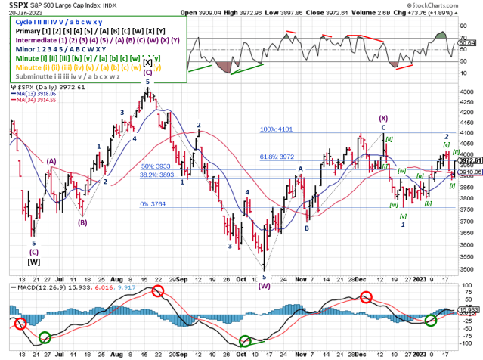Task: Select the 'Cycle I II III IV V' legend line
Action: [x=47, y=23]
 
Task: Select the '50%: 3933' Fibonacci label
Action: [x=158, y=166]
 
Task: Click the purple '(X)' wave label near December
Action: [x=384, y=118]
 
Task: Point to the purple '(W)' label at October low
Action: [x=265, y=286]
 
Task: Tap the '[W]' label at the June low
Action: [x=34, y=262]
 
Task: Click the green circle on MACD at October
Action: [x=244, y=342]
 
